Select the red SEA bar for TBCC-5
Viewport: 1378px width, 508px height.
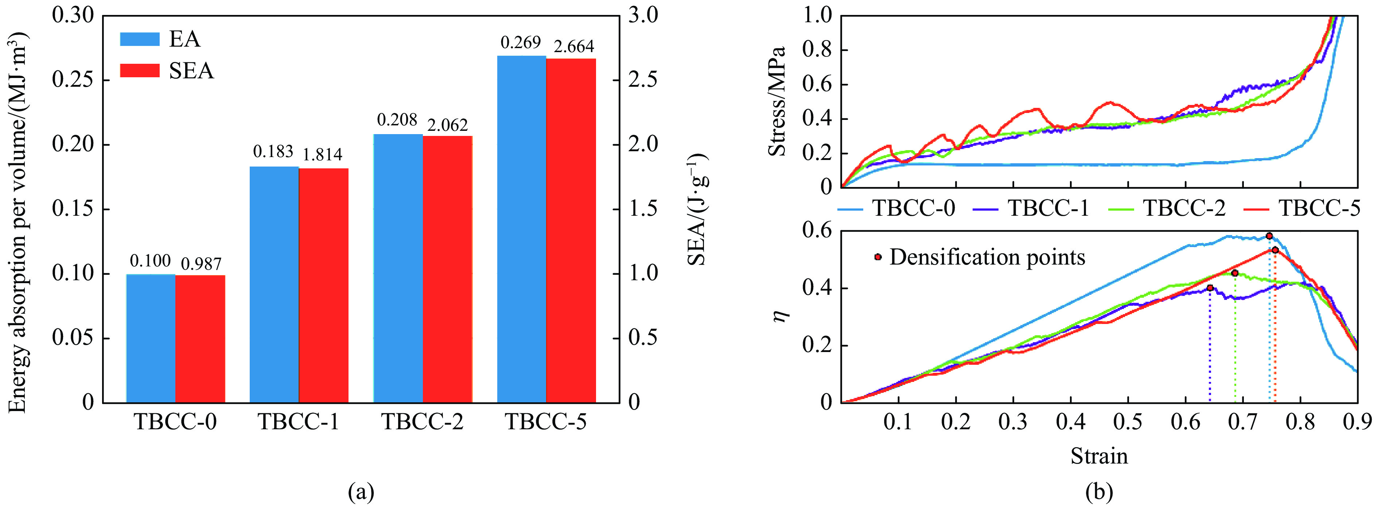coord(571,230)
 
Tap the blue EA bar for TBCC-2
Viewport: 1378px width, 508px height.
coord(398,268)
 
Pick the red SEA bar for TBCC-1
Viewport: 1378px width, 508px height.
coord(324,285)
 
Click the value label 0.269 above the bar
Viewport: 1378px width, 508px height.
coord(521,42)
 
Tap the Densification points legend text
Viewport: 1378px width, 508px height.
coord(987,257)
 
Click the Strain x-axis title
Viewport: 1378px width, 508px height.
coord(1099,456)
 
